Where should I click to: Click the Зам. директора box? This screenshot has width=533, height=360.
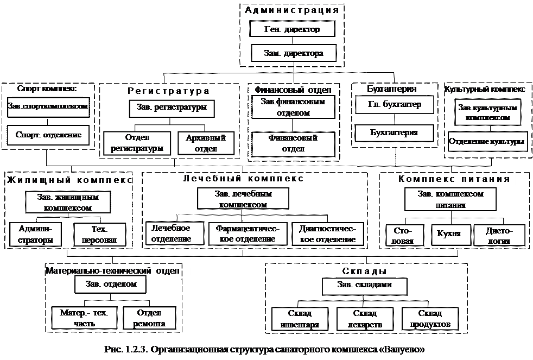[294, 53]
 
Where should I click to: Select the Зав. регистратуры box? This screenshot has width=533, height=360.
[172, 108]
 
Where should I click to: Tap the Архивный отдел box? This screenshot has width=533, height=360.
[201, 143]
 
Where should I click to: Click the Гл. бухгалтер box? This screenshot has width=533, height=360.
[395, 105]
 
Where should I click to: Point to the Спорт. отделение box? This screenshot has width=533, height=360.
[48, 135]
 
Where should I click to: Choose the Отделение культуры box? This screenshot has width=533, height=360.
[487, 142]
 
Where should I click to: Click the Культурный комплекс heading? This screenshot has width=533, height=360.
[484, 89]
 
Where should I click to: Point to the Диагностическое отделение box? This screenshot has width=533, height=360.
[328, 234]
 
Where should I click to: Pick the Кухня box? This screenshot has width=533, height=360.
[449, 233]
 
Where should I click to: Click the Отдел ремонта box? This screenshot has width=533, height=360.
[150, 318]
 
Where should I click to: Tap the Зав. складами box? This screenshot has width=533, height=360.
[364, 286]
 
